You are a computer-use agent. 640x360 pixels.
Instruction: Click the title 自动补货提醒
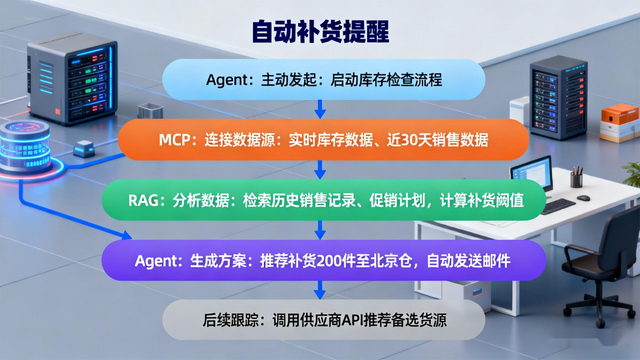[320, 31]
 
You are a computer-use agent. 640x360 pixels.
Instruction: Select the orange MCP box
[320, 139]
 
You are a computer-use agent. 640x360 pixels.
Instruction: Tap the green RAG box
[320, 200]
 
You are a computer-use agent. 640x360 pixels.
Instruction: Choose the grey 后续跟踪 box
[320, 320]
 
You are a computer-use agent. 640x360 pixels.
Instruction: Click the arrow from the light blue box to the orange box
[320, 108]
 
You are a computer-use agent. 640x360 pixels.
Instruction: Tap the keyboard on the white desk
[560, 204]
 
